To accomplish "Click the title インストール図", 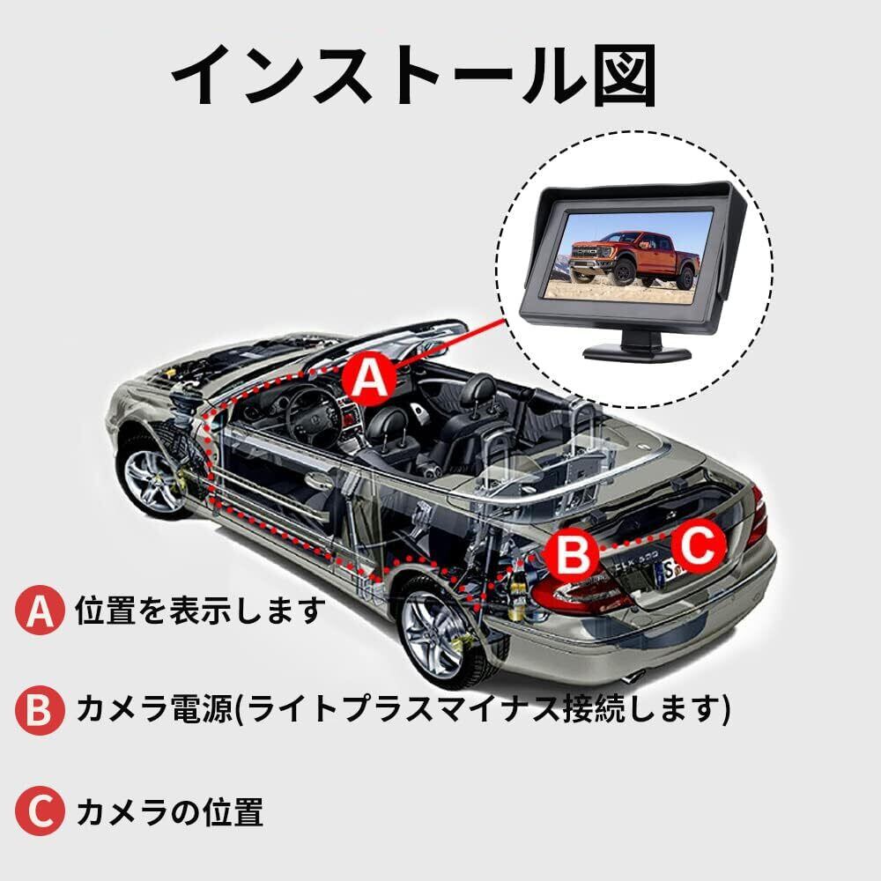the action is (413, 75).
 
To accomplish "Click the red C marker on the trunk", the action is (699, 544).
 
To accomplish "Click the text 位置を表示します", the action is (200, 611).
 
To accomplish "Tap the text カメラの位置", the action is (169, 811).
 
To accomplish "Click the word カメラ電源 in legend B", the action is (154, 709).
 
